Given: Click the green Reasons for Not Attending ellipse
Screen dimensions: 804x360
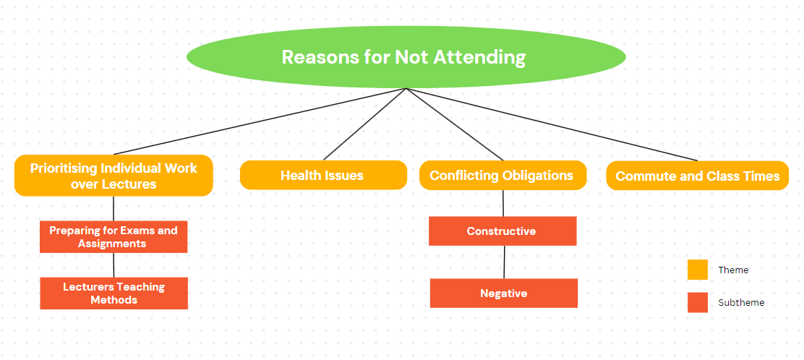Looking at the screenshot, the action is coord(406,57).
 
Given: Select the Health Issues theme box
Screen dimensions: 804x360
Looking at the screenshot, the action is coord(323,176).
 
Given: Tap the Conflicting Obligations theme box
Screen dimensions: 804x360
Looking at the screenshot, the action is coord(502,176).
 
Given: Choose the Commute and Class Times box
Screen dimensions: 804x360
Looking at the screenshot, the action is coord(697,176).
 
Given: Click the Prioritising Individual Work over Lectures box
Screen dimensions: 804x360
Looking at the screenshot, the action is coord(114,176).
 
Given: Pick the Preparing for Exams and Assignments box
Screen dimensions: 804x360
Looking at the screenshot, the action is coord(114,237).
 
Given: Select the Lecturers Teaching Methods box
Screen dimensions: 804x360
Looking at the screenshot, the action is coord(114,293).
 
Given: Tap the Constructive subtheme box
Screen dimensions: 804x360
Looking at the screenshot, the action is coord(502,231).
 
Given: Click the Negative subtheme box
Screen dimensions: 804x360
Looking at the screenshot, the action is coord(503,293).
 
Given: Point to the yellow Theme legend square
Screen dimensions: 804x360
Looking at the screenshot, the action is coord(697,270).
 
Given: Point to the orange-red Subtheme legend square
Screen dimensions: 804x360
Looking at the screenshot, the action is coord(697,303).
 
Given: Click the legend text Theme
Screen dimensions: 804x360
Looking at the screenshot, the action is coord(733,270).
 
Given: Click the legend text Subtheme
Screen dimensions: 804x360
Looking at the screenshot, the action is coord(741,303).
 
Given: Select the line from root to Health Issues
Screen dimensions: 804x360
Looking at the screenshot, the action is coord(364,124).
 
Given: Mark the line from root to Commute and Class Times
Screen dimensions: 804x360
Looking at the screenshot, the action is coord(552,124).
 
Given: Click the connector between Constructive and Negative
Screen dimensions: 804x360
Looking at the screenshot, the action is coord(504,262).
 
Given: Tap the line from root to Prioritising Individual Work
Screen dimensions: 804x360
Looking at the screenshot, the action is coord(260,121).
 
